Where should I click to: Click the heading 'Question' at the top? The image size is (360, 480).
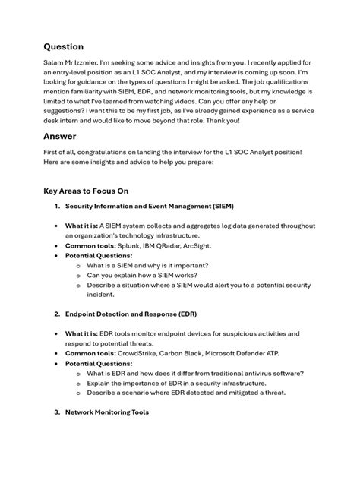(63, 46)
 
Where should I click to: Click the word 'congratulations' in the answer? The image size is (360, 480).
(111, 152)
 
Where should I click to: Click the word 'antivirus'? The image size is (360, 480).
(255, 373)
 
